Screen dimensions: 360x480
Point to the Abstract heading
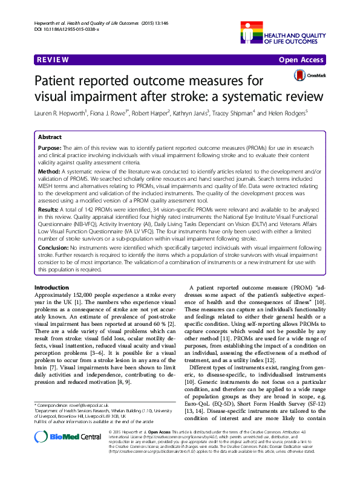49,137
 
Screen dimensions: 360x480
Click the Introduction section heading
51,287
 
